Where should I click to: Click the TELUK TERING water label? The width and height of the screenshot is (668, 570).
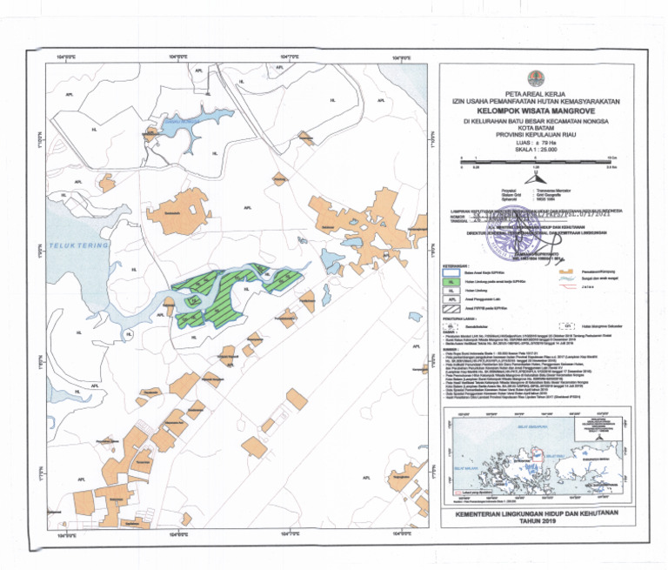click(78, 246)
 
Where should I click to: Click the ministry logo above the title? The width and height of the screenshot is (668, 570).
click(534, 77)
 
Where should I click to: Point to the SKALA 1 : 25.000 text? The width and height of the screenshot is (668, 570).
click(535, 150)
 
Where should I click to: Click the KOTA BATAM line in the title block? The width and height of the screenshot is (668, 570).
click(534, 129)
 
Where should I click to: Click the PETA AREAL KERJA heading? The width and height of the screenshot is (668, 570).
click(534, 94)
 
